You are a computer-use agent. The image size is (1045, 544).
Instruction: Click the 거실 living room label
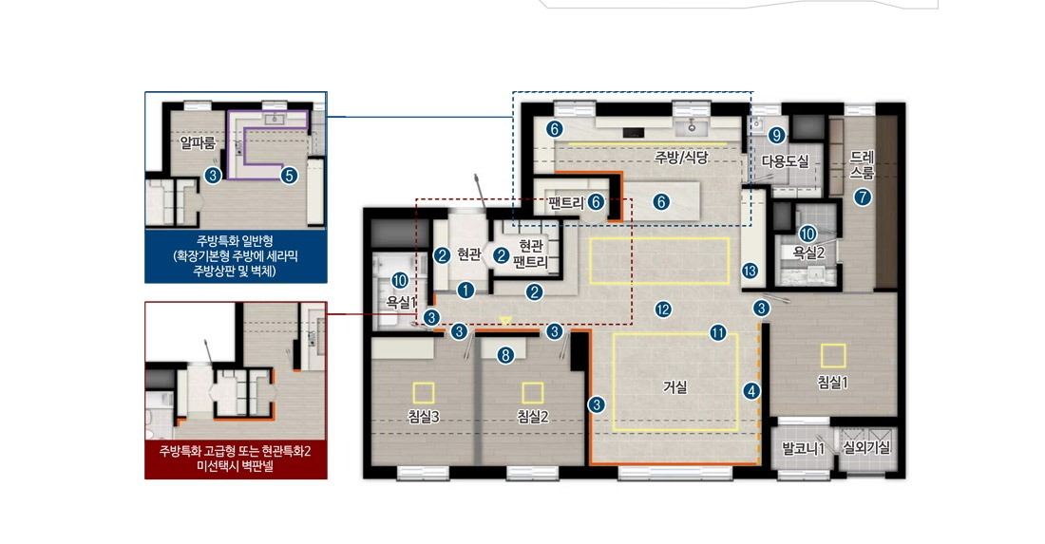(x=675, y=386)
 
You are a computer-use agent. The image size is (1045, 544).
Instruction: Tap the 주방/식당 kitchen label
(x=681, y=158)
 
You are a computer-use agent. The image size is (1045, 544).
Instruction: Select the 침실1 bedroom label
(x=832, y=383)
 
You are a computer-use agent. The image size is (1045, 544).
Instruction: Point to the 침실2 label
(x=533, y=417)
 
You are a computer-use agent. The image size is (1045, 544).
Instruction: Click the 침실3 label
(x=423, y=417)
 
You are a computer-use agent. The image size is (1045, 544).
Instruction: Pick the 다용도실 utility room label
(x=785, y=161)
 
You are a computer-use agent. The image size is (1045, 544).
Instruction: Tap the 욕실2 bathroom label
(x=809, y=253)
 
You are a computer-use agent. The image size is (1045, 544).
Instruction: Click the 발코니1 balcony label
(x=803, y=448)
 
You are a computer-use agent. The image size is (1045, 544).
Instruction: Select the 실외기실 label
(x=866, y=447)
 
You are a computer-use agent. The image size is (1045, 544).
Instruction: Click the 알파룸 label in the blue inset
(x=198, y=143)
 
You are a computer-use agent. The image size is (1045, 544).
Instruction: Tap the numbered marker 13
(x=750, y=271)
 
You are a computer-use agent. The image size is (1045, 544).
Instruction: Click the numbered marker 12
(x=662, y=309)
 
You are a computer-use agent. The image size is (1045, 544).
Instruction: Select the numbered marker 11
(x=718, y=332)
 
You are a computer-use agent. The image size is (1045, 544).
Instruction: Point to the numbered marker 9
(x=776, y=135)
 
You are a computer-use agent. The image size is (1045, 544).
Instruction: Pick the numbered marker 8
(x=505, y=356)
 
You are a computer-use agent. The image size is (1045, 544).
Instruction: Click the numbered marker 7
(x=863, y=197)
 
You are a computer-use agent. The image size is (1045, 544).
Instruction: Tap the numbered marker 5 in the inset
(x=289, y=175)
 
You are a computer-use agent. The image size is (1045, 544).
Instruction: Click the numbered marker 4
(x=751, y=391)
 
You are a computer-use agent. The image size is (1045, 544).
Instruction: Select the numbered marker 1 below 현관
(x=465, y=290)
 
